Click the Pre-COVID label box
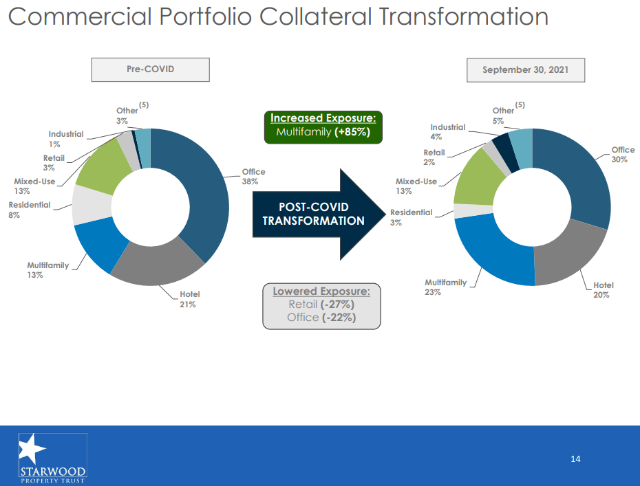(x=150, y=69)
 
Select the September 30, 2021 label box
(x=525, y=70)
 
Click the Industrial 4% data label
(x=447, y=132)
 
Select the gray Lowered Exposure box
(x=321, y=305)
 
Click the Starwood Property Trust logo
(x=53, y=456)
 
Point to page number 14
(x=576, y=459)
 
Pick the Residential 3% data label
(x=411, y=217)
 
